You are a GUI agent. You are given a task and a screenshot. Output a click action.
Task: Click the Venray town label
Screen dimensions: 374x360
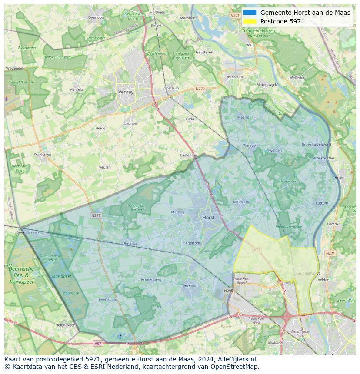click(x=126, y=92)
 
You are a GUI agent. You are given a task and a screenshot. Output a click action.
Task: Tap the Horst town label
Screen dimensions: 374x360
click(x=208, y=218)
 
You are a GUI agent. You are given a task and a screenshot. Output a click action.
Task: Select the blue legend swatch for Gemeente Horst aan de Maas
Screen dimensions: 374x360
click(x=250, y=13)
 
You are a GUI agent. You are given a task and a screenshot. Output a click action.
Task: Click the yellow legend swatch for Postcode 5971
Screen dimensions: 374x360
click(x=250, y=21)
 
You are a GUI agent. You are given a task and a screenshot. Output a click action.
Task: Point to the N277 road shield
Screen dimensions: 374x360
click(x=96, y=215)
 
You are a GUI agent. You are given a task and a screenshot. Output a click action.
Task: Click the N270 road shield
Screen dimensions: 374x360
click(x=200, y=89)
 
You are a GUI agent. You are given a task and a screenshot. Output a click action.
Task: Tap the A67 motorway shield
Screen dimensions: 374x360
click(x=98, y=343)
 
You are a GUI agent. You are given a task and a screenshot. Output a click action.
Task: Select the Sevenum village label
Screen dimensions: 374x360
click(x=190, y=285)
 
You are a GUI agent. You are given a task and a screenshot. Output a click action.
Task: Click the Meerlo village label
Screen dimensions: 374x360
click(x=243, y=117)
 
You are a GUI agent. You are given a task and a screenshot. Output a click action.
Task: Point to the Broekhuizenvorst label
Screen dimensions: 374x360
click(x=316, y=144)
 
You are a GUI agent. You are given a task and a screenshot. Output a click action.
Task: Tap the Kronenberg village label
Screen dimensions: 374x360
click(x=151, y=279)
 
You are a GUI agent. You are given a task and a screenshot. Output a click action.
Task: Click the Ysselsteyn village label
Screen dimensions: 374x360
click(x=42, y=154)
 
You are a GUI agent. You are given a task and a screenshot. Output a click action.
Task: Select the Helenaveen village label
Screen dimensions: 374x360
click(x=65, y=325)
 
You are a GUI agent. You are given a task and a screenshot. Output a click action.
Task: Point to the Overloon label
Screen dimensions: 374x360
click(x=96, y=17)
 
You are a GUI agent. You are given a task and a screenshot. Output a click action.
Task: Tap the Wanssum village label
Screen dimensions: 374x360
click(x=235, y=77)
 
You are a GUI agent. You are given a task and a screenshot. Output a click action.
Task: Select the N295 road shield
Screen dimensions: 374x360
click(x=228, y=291)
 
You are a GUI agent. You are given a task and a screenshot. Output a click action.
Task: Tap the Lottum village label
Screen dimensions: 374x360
click(x=322, y=203)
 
